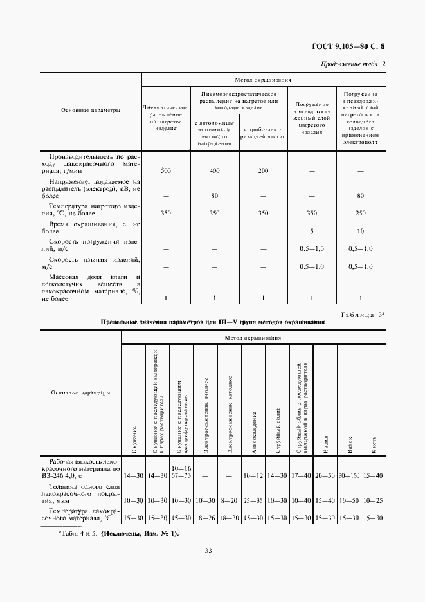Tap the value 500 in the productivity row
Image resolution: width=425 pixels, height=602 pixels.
pyautogui.click(x=166, y=171)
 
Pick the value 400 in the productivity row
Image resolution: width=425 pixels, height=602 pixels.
pyautogui.click(x=215, y=171)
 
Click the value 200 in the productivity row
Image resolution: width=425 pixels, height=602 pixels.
pyautogui.click(x=262, y=171)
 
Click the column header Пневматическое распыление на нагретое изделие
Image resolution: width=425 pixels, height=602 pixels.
pyautogui.click(x=166, y=114)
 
